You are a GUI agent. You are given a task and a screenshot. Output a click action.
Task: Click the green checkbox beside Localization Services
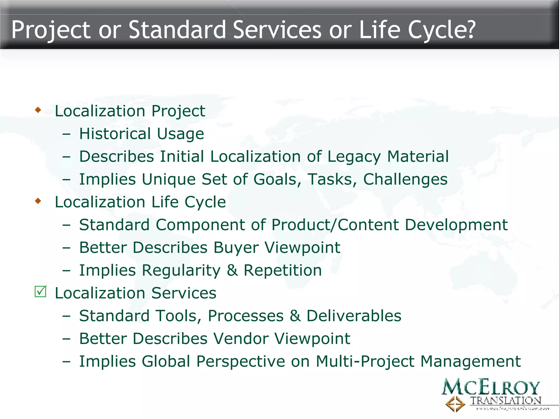[41, 292]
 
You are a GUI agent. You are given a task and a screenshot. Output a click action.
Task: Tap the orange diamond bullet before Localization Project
[38, 110]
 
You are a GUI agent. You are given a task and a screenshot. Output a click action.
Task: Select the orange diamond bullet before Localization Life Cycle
[38, 201]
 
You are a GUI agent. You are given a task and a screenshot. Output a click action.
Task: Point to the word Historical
[115, 134]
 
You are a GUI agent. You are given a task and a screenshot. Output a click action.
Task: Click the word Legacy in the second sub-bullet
[354, 157]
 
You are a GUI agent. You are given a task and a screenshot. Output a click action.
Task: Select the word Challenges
[405, 179]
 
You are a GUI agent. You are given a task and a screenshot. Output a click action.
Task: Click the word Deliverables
[354, 316]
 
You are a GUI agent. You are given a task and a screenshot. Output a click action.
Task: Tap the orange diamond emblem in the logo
[455, 404]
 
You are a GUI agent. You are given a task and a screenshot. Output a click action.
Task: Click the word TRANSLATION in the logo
[506, 401]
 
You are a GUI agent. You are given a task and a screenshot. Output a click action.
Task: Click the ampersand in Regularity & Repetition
[232, 270]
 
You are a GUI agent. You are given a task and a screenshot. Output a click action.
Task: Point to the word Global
[166, 361]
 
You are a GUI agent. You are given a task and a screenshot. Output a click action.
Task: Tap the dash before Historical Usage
[66, 134]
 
